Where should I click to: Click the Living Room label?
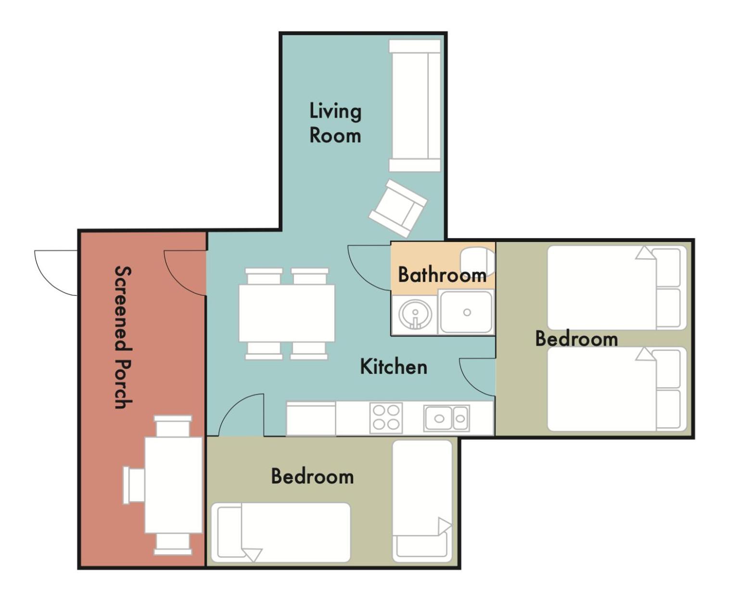point(335,123)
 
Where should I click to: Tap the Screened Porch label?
point(124,337)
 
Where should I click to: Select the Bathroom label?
point(442,275)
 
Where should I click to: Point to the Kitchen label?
point(394,367)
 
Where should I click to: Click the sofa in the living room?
point(415,106)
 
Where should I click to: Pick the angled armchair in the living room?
point(398,208)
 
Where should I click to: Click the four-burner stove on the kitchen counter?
point(386,418)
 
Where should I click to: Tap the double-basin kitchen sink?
point(447,419)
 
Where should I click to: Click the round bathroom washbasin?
point(415,314)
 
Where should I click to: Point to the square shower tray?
point(466,312)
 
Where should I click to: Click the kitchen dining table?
point(287,313)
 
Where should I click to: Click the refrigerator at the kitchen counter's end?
point(310,419)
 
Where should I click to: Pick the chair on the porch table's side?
point(133,485)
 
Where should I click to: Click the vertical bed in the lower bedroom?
point(422,501)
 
